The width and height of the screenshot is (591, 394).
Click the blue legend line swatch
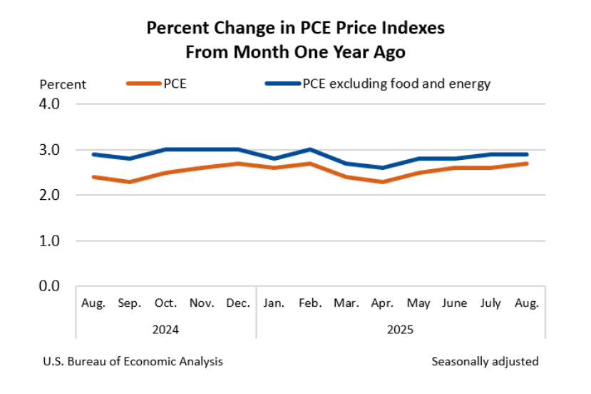[x=282, y=84]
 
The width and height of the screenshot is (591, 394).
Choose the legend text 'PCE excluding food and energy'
[x=396, y=84]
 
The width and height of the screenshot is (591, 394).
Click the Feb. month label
[x=311, y=303]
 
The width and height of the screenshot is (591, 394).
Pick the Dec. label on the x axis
[x=238, y=303]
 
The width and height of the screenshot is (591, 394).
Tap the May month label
[x=418, y=303]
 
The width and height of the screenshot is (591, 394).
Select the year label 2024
[x=165, y=330]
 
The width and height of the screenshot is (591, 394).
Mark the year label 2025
[x=400, y=330]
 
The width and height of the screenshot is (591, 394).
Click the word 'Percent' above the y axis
[x=63, y=85]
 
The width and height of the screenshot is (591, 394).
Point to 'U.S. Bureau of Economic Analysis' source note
[x=133, y=361]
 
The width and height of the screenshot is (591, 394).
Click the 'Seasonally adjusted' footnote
[x=485, y=361]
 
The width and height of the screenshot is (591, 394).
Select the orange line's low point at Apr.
[x=383, y=182]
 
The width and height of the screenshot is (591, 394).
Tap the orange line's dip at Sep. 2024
[x=129, y=182]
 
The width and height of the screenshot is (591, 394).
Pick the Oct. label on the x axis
[x=166, y=303]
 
